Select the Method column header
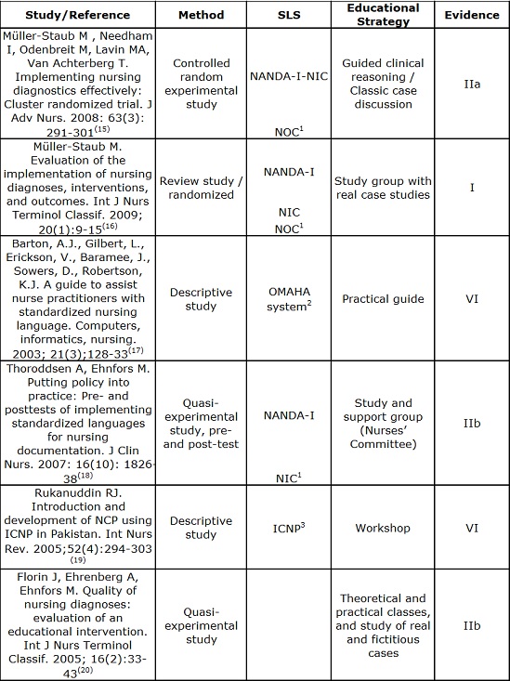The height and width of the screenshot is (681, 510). click(x=201, y=15)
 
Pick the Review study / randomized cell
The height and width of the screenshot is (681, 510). click(x=201, y=187)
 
